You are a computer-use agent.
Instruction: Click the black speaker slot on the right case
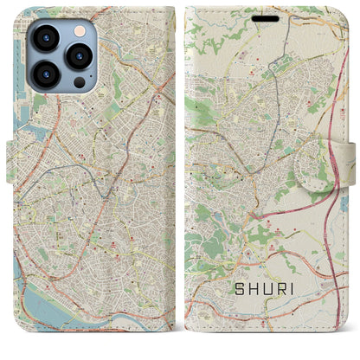click(266, 17)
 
